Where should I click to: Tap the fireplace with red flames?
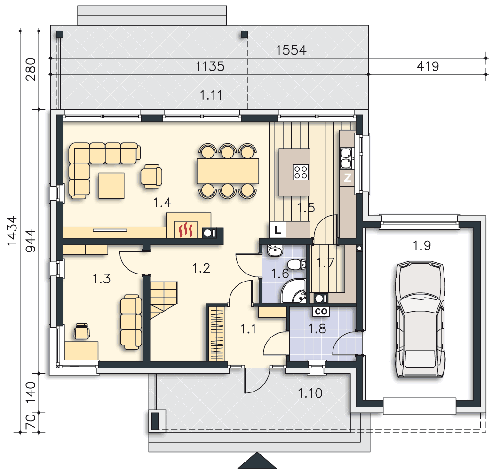186,229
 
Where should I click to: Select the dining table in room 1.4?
228,171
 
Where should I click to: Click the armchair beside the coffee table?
151,176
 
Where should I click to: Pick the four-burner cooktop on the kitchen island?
301,172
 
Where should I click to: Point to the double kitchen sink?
347,158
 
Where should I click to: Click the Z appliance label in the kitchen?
347,178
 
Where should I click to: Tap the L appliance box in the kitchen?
278,230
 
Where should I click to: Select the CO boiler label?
321,311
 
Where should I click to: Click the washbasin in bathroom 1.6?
275,251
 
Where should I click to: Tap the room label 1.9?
421,245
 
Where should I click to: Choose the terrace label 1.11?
211,95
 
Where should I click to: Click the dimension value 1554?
291,50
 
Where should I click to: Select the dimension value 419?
428,66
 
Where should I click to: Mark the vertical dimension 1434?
12,231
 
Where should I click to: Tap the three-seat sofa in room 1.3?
131,322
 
